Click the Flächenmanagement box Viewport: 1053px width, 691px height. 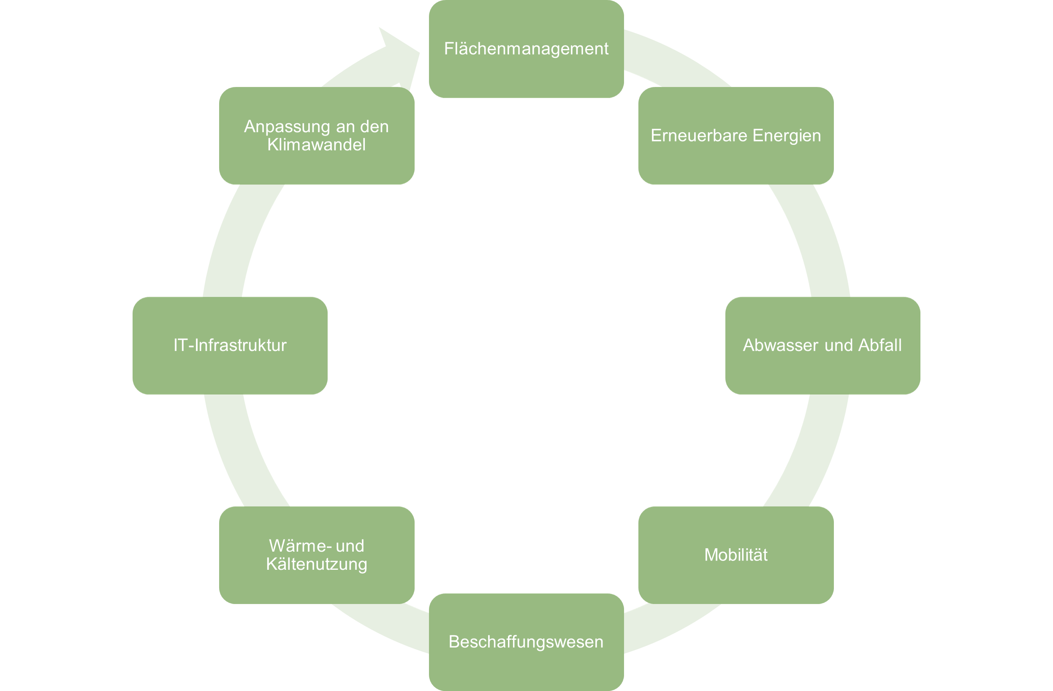(x=526, y=49)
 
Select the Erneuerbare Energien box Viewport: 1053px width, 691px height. (x=736, y=135)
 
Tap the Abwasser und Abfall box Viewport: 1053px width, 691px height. (x=822, y=345)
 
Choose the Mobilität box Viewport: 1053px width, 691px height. (x=736, y=555)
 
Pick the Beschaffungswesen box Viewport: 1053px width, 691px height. (x=526, y=642)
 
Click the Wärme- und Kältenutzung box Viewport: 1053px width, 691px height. (x=316, y=555)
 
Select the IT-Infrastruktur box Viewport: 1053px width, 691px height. (x=230, y=345)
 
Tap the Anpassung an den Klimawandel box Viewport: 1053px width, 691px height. (x=316, y=135)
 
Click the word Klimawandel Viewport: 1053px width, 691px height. (x=316, y=145)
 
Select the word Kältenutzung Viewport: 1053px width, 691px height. (x=316, y=564)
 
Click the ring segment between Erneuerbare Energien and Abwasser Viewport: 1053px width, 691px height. (x=812, y=239)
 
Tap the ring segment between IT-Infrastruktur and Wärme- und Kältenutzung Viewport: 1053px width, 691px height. (x=241, y=451)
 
